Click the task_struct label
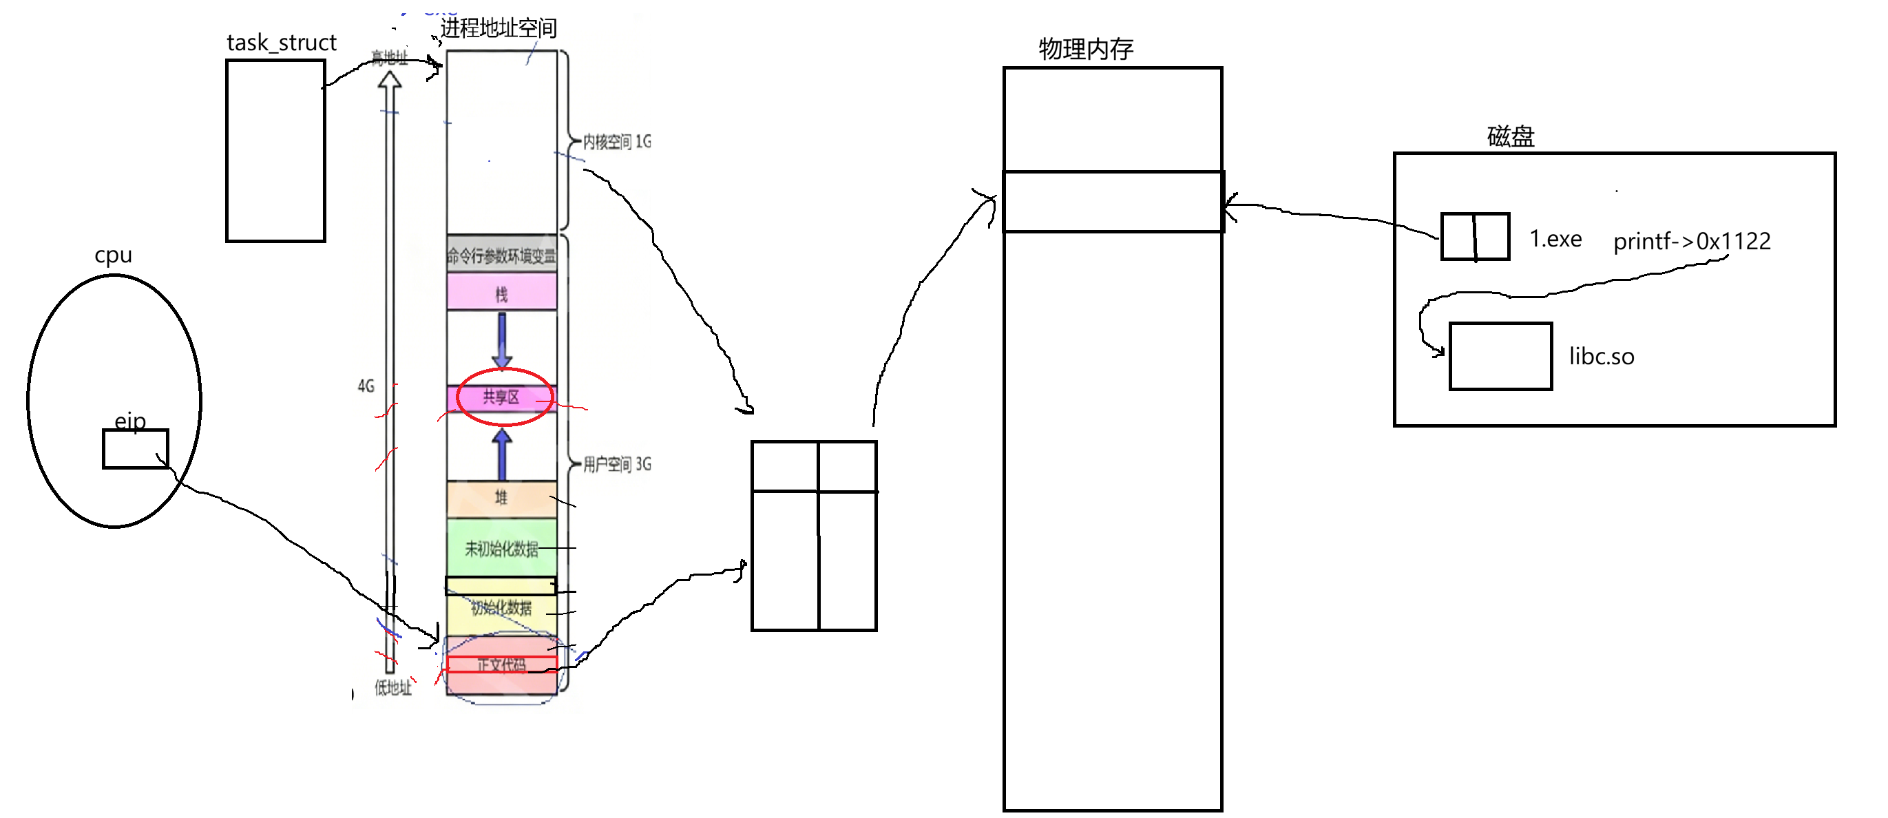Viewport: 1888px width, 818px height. [281, 43]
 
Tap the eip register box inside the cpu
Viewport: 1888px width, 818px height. [135, 448]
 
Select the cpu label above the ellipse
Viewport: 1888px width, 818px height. [113, 255]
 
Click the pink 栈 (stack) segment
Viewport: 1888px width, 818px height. [501, 293]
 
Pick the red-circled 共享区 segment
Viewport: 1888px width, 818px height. [501, 397]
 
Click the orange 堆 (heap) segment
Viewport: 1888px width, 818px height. [501, 499]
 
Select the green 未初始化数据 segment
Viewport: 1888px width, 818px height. [501, 548]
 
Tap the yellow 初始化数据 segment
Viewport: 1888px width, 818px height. [501, 609]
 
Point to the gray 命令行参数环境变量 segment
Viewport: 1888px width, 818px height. [501, 255]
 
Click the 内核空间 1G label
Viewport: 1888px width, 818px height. [616, 141]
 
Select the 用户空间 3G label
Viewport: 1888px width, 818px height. [616, 464]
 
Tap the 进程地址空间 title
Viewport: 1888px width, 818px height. [499, 28]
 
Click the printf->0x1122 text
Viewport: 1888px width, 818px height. [1691, 241]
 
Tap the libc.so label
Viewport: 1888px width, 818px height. [1601, 356]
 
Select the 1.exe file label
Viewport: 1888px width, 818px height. [1555, 239]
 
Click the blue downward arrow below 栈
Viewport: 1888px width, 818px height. [502, 339]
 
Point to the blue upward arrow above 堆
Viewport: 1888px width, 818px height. [502, 454]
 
